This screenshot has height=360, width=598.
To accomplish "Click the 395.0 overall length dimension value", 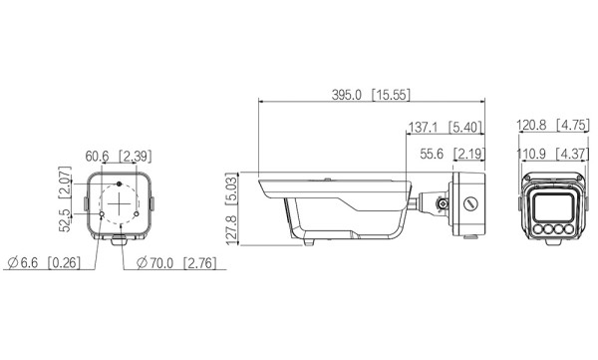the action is point(346,95).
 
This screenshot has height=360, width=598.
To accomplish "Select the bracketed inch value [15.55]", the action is point(391,95).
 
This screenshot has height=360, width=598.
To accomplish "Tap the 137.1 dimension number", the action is point(423,127).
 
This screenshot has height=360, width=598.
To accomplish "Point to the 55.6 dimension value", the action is point(432,154).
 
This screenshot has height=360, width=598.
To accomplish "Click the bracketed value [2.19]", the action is point(469,154).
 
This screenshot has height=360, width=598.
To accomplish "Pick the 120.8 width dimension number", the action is point(531,125).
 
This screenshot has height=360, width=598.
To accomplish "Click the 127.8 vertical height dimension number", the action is point(231,230).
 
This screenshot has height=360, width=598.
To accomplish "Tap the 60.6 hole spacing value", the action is point(97,157).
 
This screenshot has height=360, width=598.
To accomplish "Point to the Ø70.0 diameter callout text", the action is point(154,263).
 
